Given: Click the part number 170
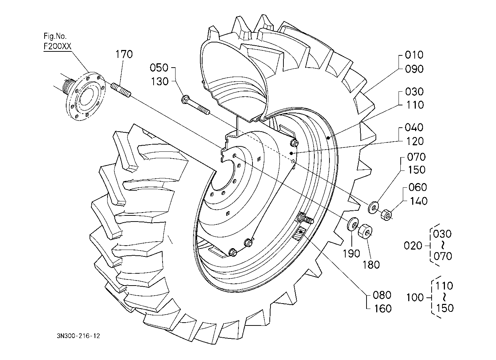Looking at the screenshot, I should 124,54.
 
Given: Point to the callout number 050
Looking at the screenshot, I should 159,68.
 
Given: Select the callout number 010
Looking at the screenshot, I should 414,55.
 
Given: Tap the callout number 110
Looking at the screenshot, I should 414,105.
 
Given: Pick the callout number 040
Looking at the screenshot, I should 414,128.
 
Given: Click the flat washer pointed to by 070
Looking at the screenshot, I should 373,207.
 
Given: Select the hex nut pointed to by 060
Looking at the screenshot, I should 386,215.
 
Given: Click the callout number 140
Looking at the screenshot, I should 418,201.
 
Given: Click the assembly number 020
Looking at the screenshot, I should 413,246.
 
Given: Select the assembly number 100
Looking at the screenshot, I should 415,298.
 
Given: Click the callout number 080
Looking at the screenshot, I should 382,295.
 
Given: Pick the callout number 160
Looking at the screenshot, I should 382,309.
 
